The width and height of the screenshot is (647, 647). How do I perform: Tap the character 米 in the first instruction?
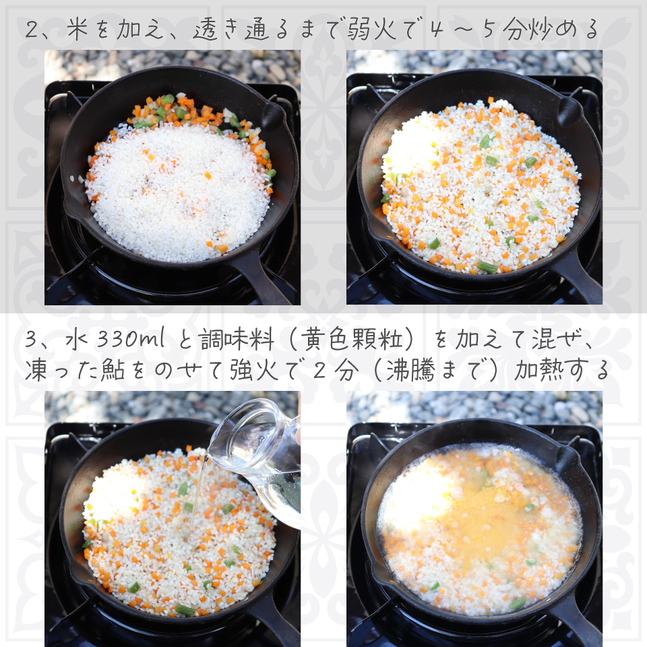pyautogui.click(x=77, y=29)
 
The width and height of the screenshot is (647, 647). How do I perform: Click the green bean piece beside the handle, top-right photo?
pyautogui.click(x=487, y=268)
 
